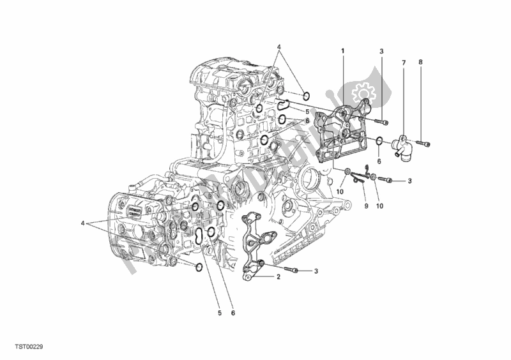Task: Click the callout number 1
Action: pyautogui.click(x=343, y=50)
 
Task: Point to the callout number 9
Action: pyautogui.click(x=367, y=206)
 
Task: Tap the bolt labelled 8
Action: pyautogui.click(x=423, y=142)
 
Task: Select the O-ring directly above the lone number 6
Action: pyautogui.click(x=379, y=141)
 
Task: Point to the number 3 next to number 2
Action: pyautogui.click(x=317, y=271)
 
